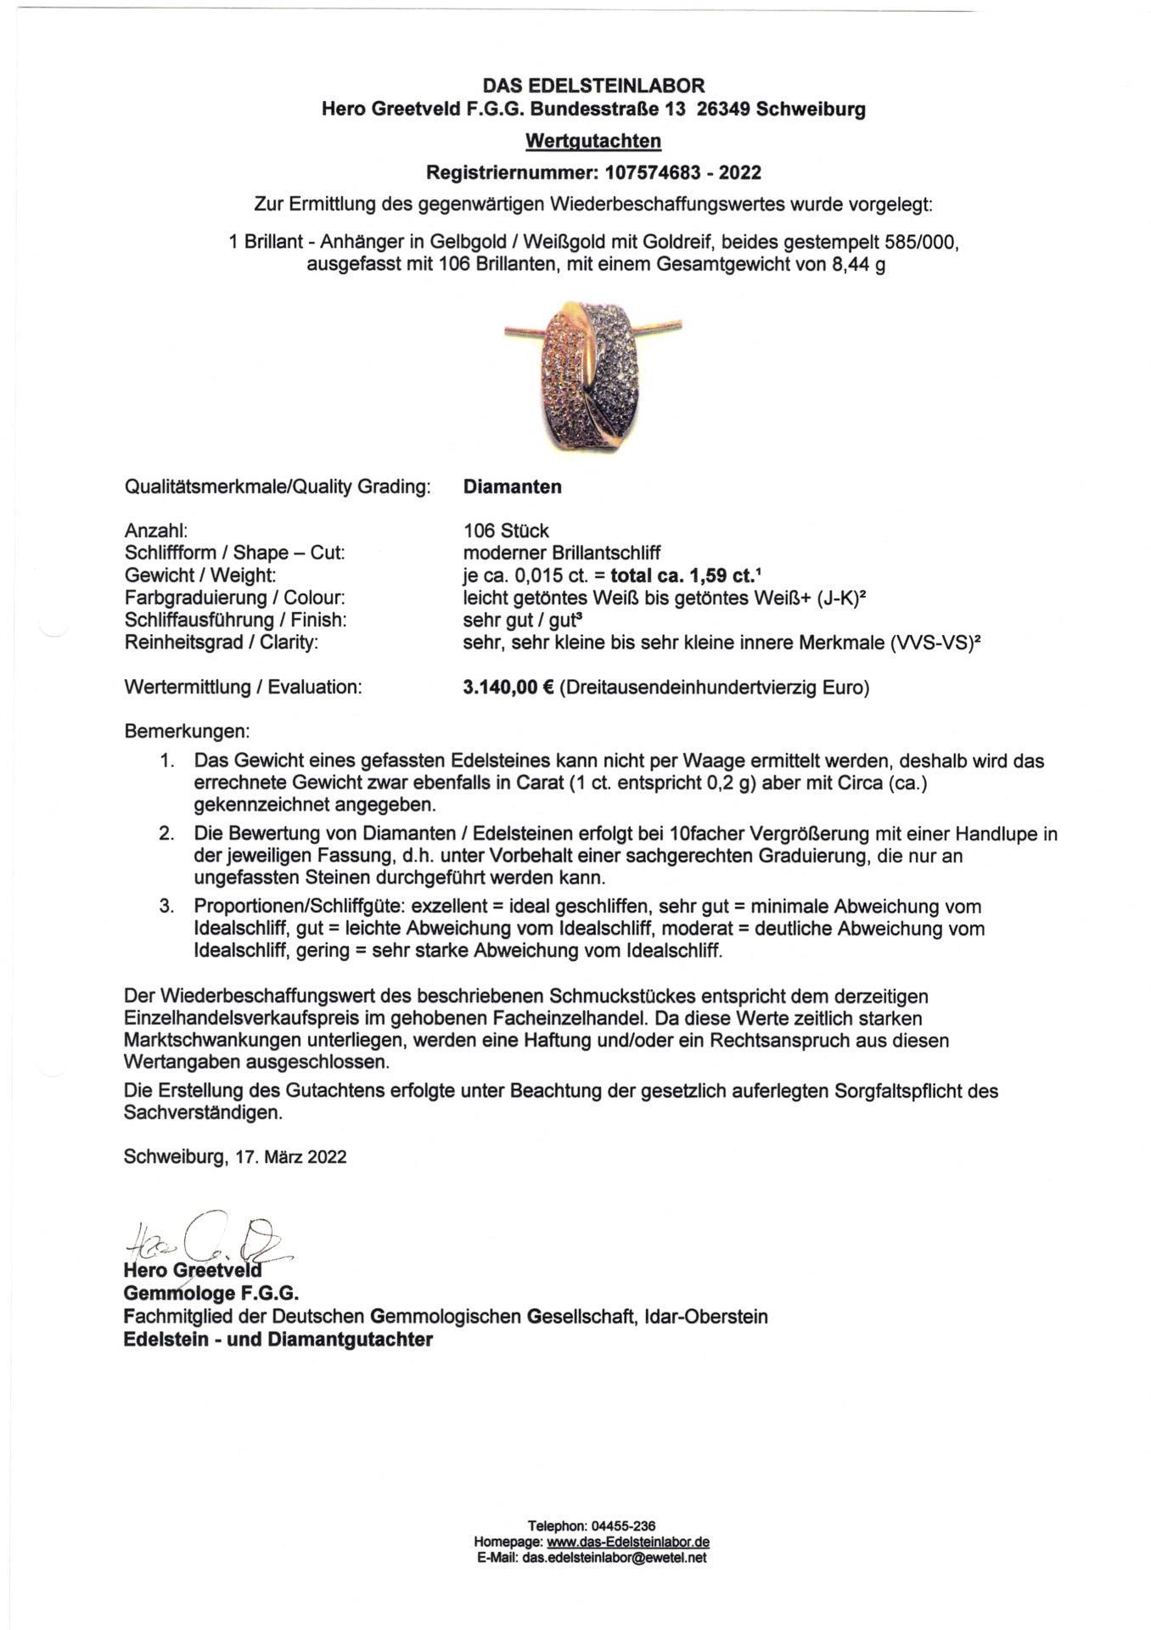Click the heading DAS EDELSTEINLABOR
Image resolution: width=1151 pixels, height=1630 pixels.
(593, 86)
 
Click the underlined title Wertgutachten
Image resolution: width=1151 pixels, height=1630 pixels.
(593, 140)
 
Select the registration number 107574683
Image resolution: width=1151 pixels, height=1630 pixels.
(652, 173)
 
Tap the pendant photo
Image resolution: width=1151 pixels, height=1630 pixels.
(592, 375)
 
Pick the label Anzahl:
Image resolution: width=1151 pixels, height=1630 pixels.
(155, 531)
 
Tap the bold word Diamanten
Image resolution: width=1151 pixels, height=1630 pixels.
(512, 487)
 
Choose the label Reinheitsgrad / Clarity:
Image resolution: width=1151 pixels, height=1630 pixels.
(222, 643)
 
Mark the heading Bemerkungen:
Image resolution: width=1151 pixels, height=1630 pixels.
(187, 731)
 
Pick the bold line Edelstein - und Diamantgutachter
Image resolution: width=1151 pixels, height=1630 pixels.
(278, 1340)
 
